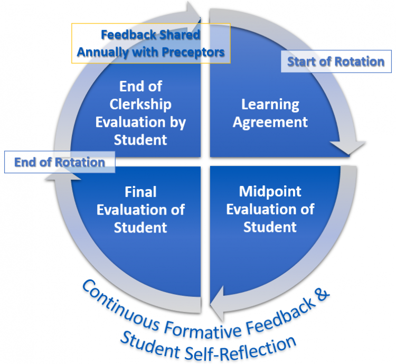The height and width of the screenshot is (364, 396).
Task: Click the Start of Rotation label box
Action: pos(336,62)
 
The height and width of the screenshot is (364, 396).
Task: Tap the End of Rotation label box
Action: pos(59,162)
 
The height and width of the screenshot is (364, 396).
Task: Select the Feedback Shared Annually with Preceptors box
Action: pos(151,44)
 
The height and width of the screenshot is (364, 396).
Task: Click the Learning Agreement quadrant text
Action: pos(270,113)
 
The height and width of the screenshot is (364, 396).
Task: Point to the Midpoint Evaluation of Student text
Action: pos(270,209)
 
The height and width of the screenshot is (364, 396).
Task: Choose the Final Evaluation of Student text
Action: pos(140,209)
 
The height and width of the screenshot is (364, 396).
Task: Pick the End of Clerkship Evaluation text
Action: pos(140,113)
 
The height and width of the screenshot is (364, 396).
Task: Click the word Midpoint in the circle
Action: pos(270,191)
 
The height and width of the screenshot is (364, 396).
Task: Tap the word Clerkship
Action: pos(140,104)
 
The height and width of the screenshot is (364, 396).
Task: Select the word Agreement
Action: pos(270,122)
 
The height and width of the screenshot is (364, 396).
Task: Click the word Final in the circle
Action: pos(140,191)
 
